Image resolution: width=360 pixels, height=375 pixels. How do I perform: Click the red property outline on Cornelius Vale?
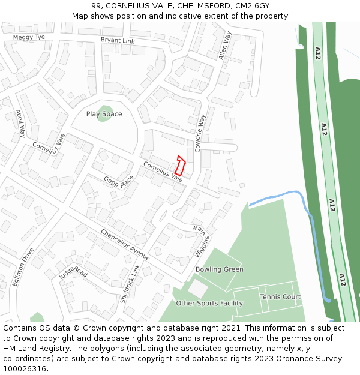[180, 166]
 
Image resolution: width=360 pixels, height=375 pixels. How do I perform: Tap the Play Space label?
[104, 114]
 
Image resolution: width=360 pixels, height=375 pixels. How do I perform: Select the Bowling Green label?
[220, 269]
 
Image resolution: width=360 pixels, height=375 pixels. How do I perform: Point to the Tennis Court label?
[280, 297]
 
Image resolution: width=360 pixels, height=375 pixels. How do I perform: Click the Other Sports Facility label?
[209, 304]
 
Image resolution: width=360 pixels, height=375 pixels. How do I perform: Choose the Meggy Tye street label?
[29, 37]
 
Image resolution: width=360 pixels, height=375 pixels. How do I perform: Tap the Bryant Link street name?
[118, 41]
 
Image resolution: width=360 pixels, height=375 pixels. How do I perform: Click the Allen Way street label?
[225, 45]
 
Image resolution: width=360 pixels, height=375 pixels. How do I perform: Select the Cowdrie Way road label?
[200, 132]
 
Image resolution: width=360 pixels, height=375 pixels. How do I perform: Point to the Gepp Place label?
[119, 182]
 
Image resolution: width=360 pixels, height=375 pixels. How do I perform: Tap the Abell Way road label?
[20, 123]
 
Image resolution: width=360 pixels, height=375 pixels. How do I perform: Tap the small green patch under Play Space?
[105, 118]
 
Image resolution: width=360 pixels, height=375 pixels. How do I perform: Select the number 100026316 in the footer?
[25, 369]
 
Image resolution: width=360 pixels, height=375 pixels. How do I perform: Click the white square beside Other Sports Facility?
[197, 288]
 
